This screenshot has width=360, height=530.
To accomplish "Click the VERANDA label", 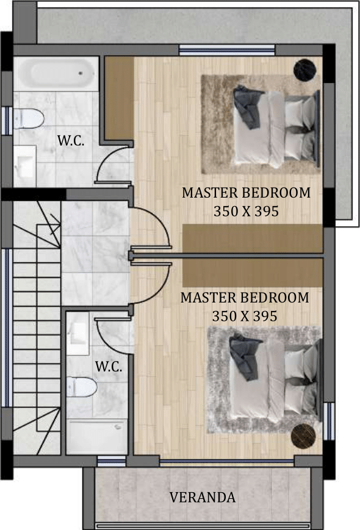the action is [202, 497].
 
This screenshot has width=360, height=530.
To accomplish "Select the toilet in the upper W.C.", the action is [29, 119].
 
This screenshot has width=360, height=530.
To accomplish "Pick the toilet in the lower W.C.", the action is [82, 387].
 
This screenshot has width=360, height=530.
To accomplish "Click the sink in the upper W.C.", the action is [24, 166].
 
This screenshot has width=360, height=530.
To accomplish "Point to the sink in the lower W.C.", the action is [77, 333].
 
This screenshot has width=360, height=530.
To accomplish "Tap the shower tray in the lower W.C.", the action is [97, 436].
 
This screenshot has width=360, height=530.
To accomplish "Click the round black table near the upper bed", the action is [304, 70].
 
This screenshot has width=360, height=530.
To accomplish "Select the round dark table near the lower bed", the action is [303, 436].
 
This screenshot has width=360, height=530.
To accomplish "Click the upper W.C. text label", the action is [71, 141].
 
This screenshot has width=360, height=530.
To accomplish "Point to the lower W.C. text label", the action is [109, 367].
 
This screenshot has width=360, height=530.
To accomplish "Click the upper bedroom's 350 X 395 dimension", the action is [246, 211].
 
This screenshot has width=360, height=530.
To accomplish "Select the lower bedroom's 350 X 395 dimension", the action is [245, 316].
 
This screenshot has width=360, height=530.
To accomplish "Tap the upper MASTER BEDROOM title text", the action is [246, 193].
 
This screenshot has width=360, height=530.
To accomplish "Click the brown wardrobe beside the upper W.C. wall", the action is [119, 98].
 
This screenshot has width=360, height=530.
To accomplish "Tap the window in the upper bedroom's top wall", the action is [226, 50].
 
